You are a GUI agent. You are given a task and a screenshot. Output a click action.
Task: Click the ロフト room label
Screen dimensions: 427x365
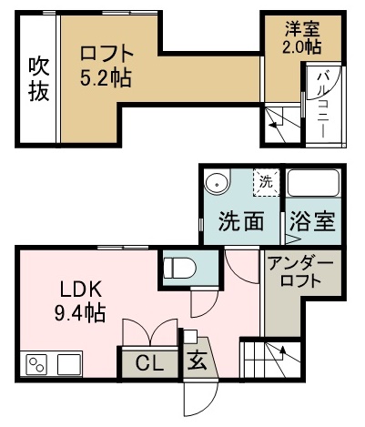[x=106, y=53]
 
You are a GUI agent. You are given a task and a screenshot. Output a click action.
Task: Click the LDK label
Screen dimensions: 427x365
[x=80, y=291]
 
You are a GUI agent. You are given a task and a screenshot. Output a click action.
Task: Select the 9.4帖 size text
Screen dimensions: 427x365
[x=82, y=314]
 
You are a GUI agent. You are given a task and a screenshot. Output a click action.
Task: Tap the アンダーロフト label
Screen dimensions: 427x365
[x=301, y=272]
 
